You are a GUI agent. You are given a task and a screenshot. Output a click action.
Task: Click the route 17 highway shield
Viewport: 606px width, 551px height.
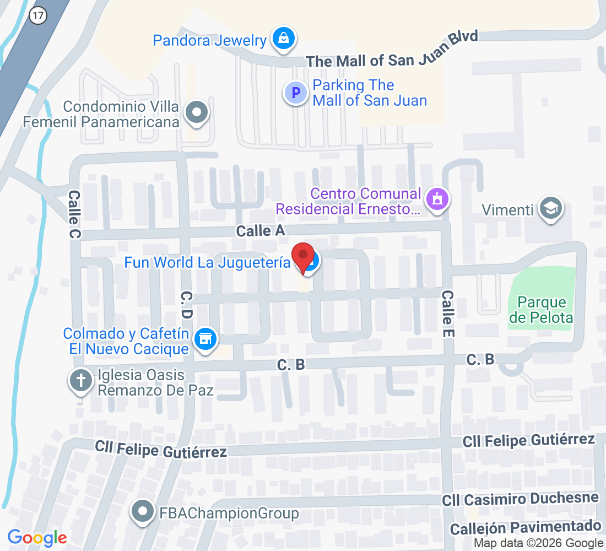(x=38, y=15)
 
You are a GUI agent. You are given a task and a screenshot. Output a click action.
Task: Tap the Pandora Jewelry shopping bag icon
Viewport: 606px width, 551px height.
(x=283, y=39)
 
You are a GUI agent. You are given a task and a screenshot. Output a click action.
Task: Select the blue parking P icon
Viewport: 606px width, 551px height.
(x=295, y=93)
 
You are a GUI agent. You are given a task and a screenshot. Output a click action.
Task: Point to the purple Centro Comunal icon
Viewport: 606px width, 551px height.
(x=438, y=199)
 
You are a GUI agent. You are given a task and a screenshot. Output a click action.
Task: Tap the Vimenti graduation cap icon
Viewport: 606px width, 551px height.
(x=550, y=208)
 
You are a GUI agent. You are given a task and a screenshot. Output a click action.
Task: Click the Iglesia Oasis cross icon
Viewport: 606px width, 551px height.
(x=81, y=381)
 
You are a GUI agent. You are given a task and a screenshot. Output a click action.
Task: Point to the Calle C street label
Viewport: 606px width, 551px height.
(x=75, y=215)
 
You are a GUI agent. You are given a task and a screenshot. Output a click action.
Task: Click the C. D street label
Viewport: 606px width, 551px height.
(x=186, y=306)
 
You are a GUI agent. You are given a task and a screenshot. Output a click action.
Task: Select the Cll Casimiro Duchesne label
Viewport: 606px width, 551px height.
(x=520, y=499)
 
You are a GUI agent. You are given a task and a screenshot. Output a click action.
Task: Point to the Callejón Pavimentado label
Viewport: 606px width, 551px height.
(x=525, y=527)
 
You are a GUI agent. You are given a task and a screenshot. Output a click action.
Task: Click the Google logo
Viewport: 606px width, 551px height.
(x=37, y=537)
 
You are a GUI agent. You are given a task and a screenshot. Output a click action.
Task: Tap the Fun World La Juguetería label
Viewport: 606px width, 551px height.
(x=207, y=262)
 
